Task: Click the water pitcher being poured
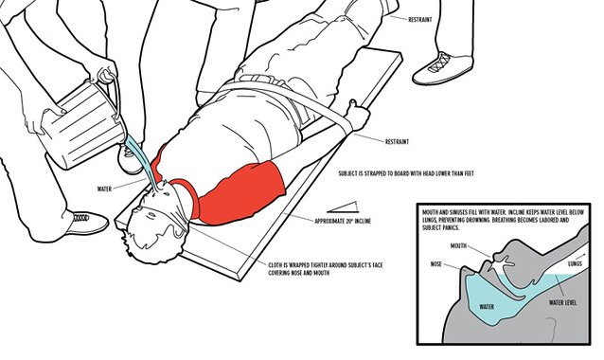(82, 123)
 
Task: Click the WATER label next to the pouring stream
(104, 189)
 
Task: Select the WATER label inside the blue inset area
(487, 307)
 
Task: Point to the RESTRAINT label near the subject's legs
(420, 20)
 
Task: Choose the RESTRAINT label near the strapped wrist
(397, 141)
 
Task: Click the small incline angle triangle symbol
(343, 207)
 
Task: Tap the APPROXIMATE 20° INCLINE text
(343, 222)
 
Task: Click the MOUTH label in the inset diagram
(458, 245)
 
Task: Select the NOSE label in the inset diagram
(436, 264)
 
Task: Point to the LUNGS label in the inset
(575, 263)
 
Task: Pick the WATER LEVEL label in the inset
(562, 302)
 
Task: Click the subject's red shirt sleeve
(242, 192)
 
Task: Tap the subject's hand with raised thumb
(356, 115)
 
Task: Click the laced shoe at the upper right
(443, 68)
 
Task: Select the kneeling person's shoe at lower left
(87, 223)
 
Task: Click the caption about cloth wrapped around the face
(326, 269)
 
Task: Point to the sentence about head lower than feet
(406, 173)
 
